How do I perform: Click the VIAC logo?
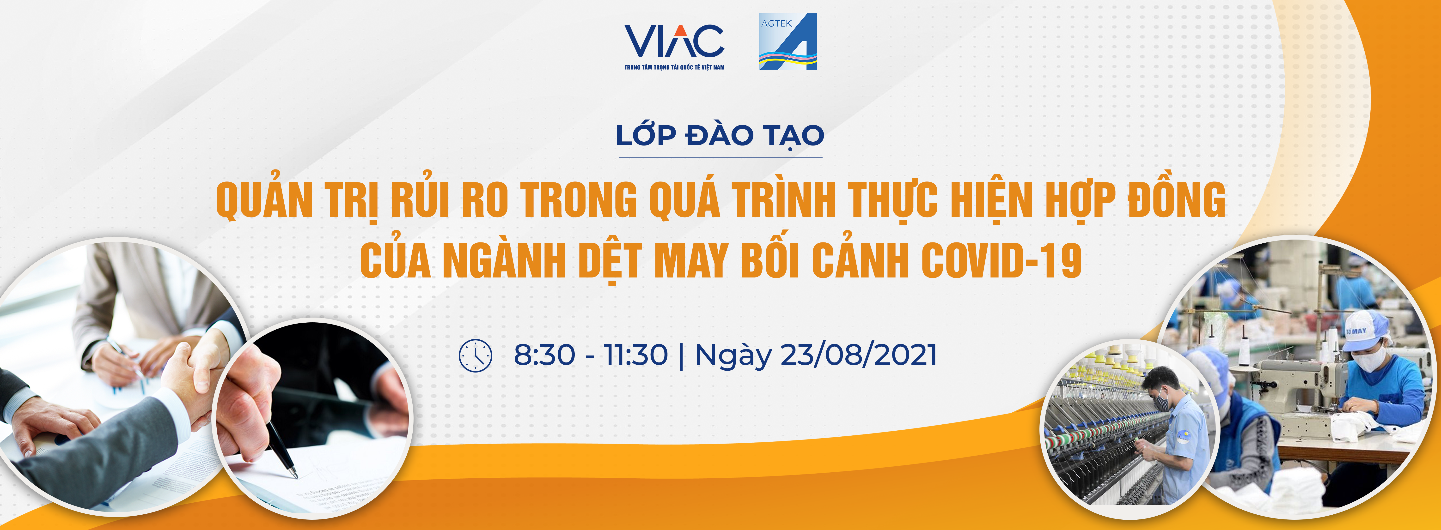tap(674, 47)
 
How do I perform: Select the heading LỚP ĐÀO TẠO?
tap(720, 135)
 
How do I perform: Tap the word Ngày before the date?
tap(733, 357)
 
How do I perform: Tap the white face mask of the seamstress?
tap(1370, 358)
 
